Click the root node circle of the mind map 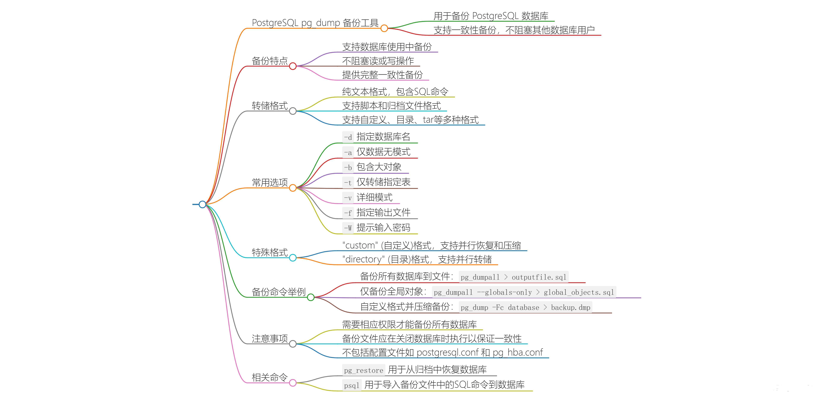point(202,204)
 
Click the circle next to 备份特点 point(293,66)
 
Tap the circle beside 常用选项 point(293,188)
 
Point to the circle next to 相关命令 point(293,383)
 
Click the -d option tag point(348,137)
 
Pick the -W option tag point(348,228)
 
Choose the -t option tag point(348,183)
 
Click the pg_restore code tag point(363,370)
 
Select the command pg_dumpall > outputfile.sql point(514,277)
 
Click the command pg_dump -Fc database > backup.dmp point(526,308)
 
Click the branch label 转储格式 point(270,106)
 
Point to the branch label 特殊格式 point(270,252)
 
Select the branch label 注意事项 point(270,339)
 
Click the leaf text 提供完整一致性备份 point(382,75)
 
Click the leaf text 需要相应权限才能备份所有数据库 point(409,325)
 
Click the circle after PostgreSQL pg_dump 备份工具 point(384,28)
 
